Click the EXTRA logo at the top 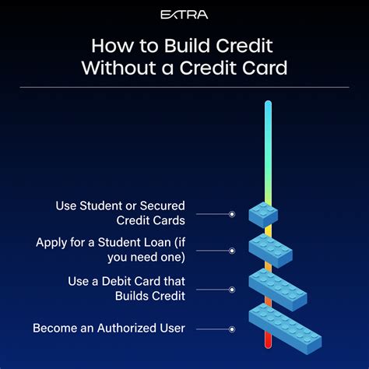pos(184,14)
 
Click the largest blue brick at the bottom pos(285,328)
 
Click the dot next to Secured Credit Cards pos(231,213)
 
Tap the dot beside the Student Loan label pos(231,251)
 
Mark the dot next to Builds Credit pos(231,289)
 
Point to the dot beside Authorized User pos(231,328)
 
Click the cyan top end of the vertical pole pos(267,106)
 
